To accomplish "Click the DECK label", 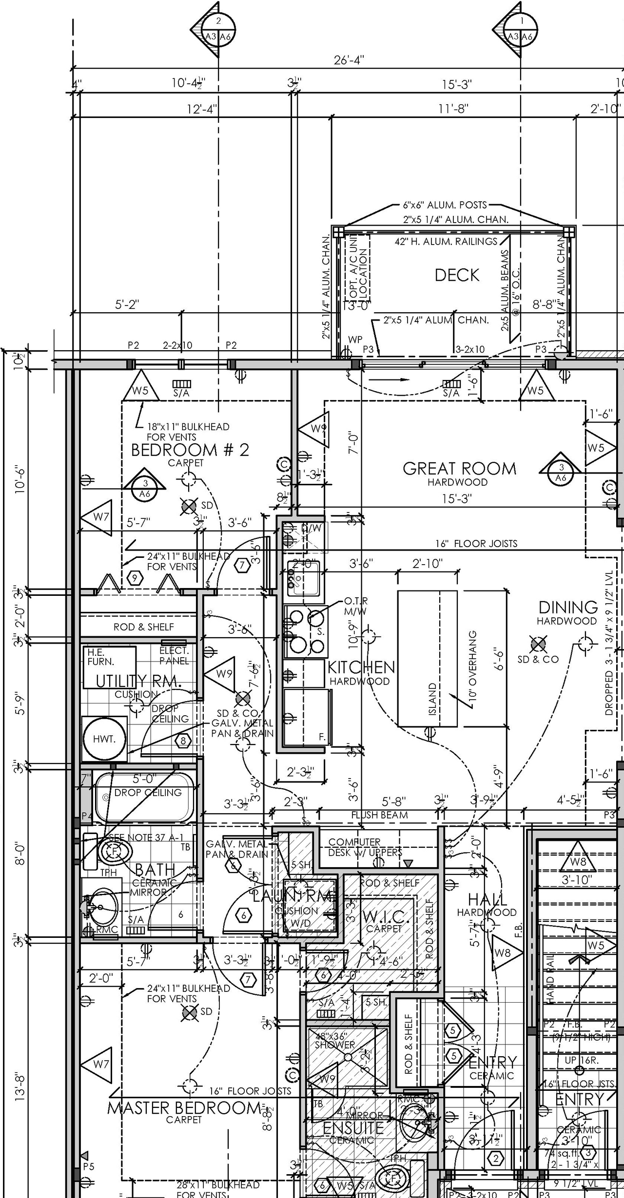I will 457,275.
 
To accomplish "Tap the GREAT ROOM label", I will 459,469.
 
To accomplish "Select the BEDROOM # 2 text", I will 190,450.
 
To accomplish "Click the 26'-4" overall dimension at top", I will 349,60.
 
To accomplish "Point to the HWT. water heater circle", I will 104,739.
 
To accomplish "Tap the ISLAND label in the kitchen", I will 432,699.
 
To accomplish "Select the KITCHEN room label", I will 361,667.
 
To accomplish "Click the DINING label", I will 568,607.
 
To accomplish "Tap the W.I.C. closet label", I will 384,918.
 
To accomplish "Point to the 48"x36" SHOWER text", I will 335,1041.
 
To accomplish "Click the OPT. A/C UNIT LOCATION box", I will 358,267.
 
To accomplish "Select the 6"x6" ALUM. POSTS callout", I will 445,205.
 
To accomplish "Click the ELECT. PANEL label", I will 174,656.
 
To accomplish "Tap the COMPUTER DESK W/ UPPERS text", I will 365,847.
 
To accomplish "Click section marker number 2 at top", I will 218,21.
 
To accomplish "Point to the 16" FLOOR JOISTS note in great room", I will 476,543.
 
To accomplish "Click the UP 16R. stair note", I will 578,1060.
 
